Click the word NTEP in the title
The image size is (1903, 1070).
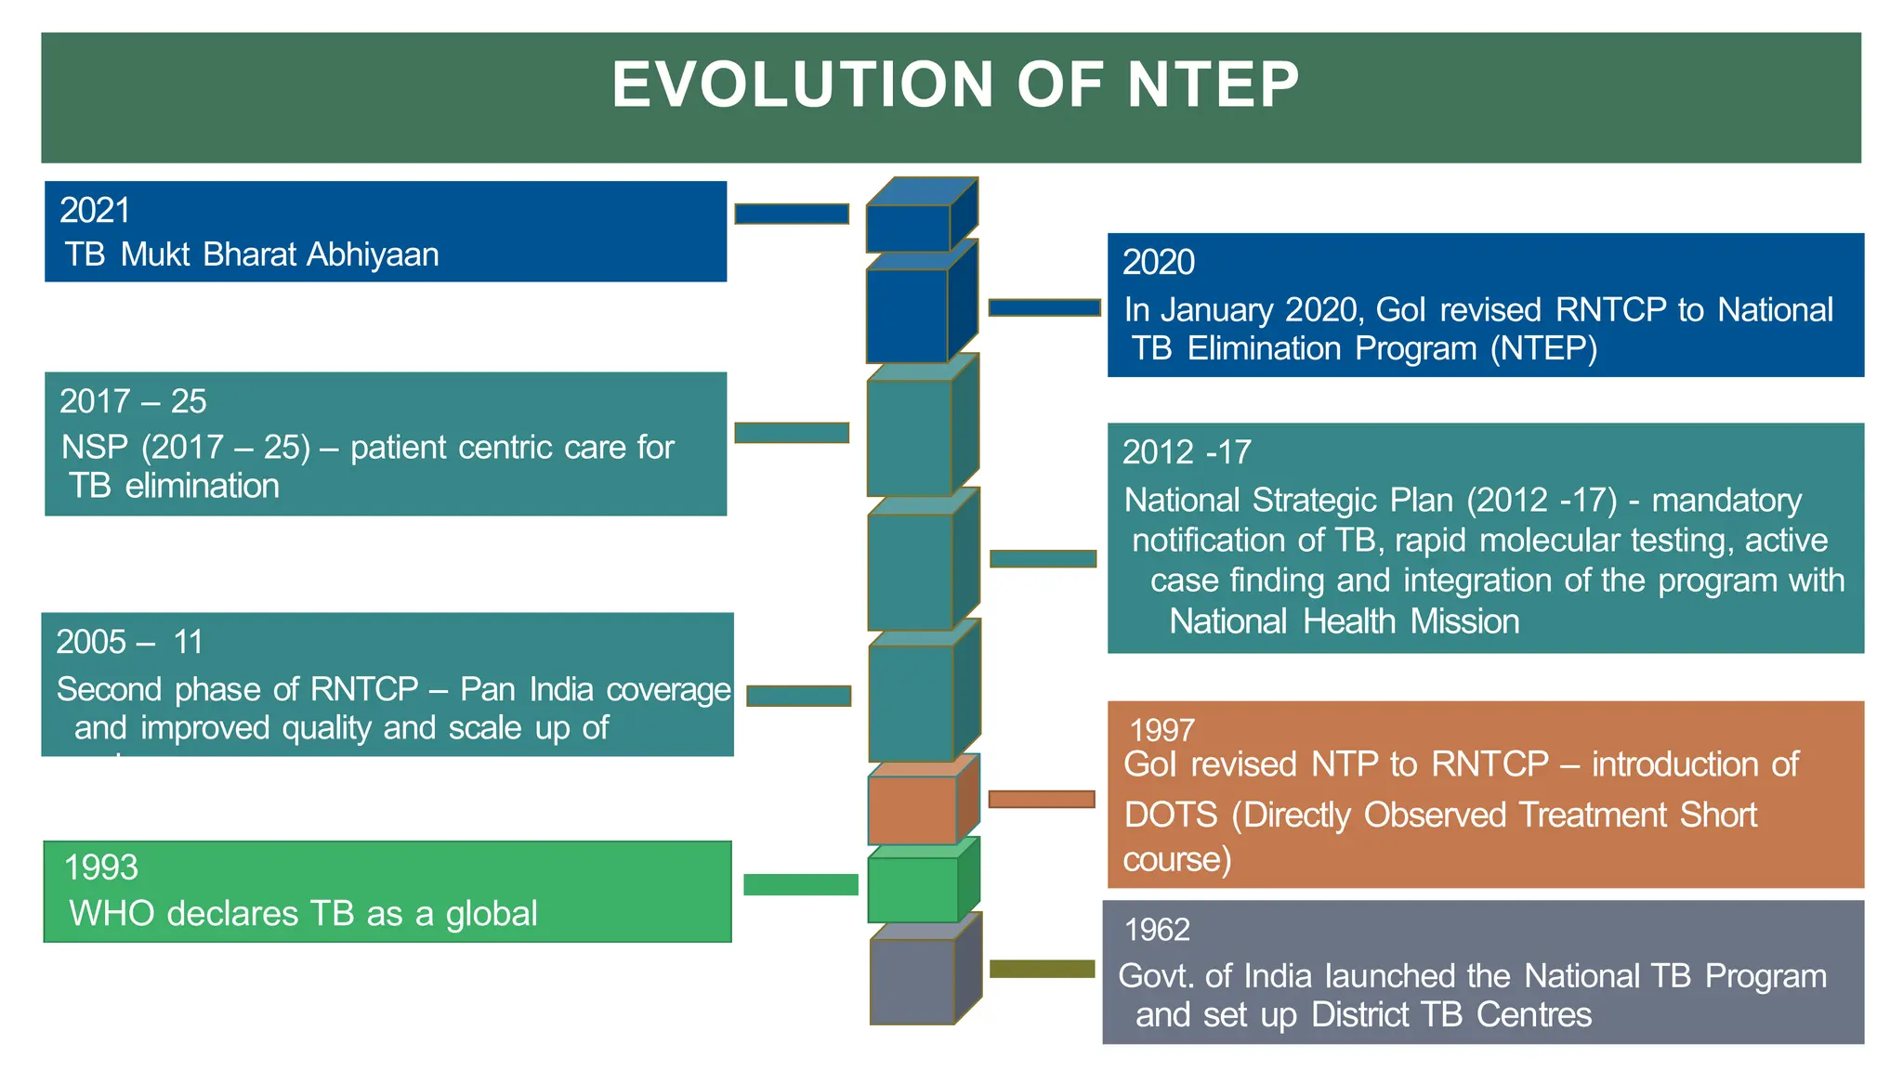tap(1213, 85)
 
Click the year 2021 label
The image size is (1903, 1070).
tap(95, 211)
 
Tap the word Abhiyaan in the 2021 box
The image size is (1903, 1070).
tap(373, 254)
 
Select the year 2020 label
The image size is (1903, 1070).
tap(1158, 263)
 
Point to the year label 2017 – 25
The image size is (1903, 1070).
tap(133, 401)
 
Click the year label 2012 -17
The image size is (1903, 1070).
tap(1187, 452)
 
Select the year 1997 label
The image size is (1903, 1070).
tap(1161, 730)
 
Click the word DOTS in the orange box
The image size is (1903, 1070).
tap(1170, 816)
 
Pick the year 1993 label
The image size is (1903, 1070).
tap(100, 868)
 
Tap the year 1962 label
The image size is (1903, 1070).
tap(1156, 930)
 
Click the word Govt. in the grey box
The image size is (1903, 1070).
tap(1155, 976)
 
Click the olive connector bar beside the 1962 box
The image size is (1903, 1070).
tap(1042, 969)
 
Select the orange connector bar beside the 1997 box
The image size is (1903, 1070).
tap(1041, 799)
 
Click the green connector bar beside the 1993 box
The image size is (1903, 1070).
tap(800, 884)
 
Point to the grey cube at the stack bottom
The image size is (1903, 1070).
tap(912, 981)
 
